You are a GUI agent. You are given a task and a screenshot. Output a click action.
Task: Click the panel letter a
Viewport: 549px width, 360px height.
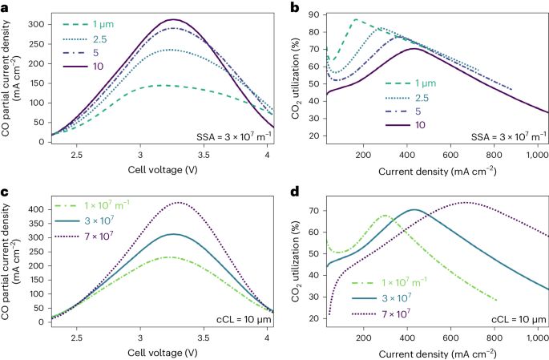[5, 6]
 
